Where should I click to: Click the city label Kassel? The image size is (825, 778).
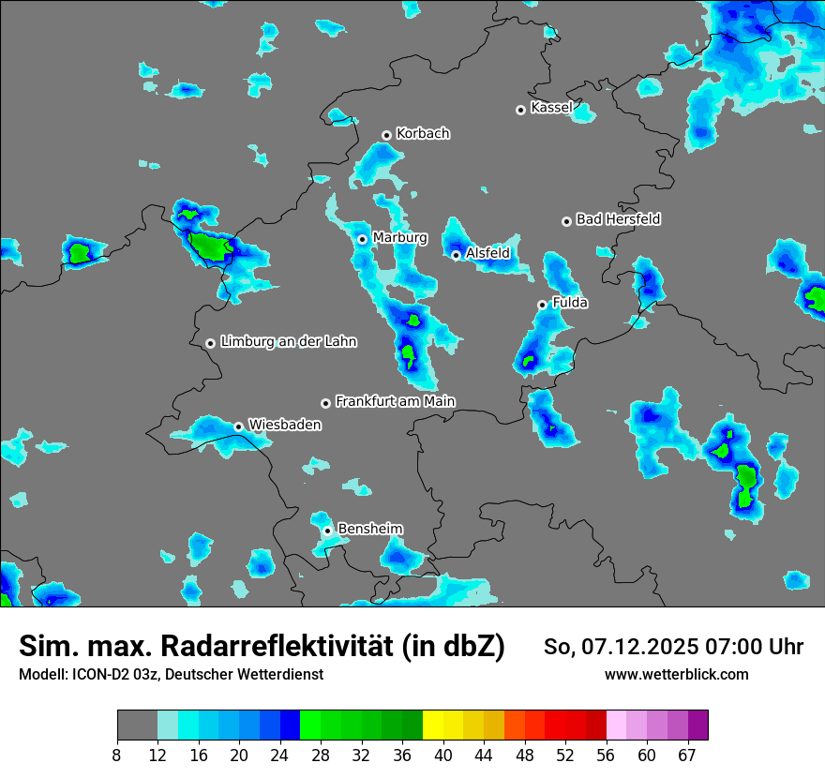(x=551, y=108)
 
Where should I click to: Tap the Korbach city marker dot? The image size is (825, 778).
(x=386, y=135)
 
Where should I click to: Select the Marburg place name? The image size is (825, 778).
(x=399, y=238)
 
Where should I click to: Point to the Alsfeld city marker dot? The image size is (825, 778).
(x=456, y=255)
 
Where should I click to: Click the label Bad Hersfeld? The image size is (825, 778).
(x=618, y=219)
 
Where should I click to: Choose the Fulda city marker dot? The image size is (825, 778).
(x=542, y=305)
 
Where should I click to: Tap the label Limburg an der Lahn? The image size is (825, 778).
(x=288, y=342)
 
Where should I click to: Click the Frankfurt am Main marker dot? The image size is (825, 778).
(x=326, y=403)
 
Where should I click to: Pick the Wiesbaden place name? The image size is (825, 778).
(x=284, y=425)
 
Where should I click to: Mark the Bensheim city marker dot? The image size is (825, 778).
(x=328, y=531)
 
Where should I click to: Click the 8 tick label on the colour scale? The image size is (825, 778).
(x=117, y=755)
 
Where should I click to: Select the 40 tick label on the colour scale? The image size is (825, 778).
(x=443, y=755)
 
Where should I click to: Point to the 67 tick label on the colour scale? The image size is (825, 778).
(x=687, y=755)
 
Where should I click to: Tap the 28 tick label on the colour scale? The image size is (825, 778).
(x=321, y=755)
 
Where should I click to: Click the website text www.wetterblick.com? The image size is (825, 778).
(x=676, y=675)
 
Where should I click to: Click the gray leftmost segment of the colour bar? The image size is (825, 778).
(x=137, y=726)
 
